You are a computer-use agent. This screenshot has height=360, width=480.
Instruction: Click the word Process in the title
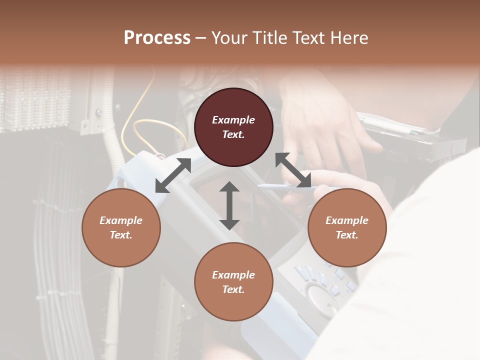(x=157, y=38)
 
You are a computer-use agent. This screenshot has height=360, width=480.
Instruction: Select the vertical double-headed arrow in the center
(x=229, y=205)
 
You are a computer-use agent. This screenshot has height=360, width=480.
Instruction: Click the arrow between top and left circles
(x=173, y=175)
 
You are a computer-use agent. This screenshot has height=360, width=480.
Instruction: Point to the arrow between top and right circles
(x=293, y=170)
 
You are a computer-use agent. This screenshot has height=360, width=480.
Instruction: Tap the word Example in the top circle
(x=233, y=120)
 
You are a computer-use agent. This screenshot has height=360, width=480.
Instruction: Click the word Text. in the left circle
(x=121, y=235)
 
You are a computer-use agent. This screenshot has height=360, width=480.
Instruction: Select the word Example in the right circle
(x=347, y=220)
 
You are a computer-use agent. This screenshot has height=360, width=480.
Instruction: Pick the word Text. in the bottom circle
(x=233, y=289)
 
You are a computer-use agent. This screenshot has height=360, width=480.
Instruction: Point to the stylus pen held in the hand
(x=280, y=187)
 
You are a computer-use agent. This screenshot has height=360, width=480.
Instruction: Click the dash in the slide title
(x=201, y=38)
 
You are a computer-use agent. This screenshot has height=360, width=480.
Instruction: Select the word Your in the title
(x=230, y=38)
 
